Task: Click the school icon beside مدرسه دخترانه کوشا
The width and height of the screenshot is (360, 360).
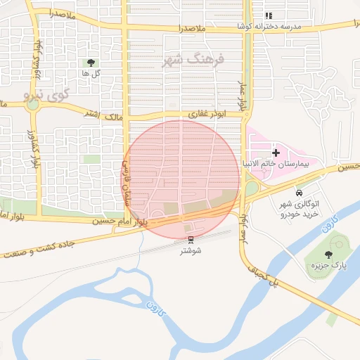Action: pos(268,15)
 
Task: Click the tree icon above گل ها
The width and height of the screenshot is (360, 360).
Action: pos(90,63)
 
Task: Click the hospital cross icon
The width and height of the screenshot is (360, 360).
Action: pos(275,152)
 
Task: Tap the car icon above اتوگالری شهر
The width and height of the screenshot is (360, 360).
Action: pos(300,193)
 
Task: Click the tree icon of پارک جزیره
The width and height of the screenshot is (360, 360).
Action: pos(328,254)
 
